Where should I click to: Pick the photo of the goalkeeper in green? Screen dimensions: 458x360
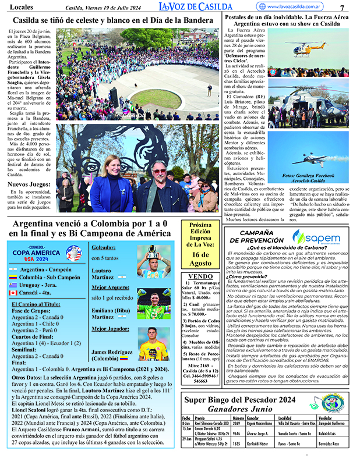(153, 307)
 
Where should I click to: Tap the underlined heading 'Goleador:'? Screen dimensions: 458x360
(103, 248)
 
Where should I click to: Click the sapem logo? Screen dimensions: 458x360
(315, 237)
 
